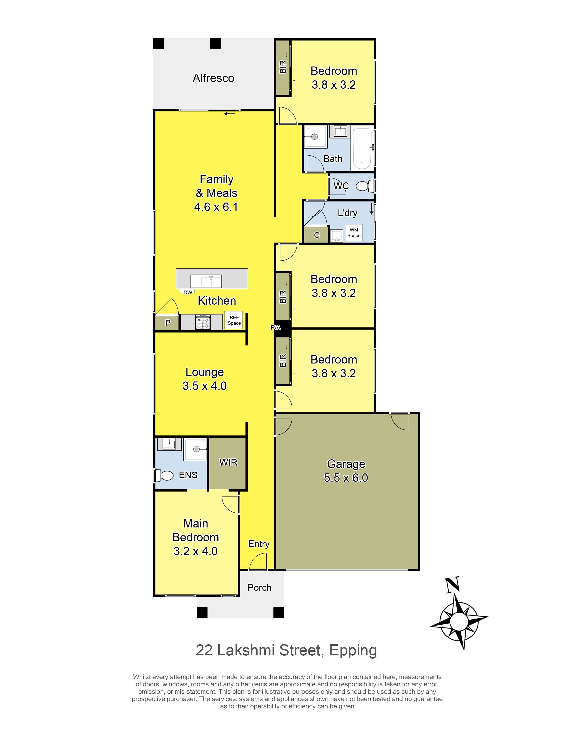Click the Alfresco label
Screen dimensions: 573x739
(x=213, y=78)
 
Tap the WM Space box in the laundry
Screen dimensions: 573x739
(x=354, y=233)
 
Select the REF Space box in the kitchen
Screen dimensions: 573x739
(x=234, y=320)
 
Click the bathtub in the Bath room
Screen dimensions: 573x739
(x=362, y=149)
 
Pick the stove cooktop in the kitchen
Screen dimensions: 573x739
(x=203, y=323)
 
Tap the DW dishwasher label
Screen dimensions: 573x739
(x=188, y=292)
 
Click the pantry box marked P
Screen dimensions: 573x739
(x=167, y=323)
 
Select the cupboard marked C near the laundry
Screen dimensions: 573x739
(x=317, y=235)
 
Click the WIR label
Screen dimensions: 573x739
(x=229, y=463)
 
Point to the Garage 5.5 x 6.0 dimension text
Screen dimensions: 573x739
(x=346, y=478)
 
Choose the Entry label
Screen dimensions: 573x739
(x=259, y=544)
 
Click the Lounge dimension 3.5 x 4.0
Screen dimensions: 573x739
(x=204, y=386)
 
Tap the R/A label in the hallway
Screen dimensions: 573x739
(x=276, y=327)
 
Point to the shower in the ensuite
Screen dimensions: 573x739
(x=195, y=449)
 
